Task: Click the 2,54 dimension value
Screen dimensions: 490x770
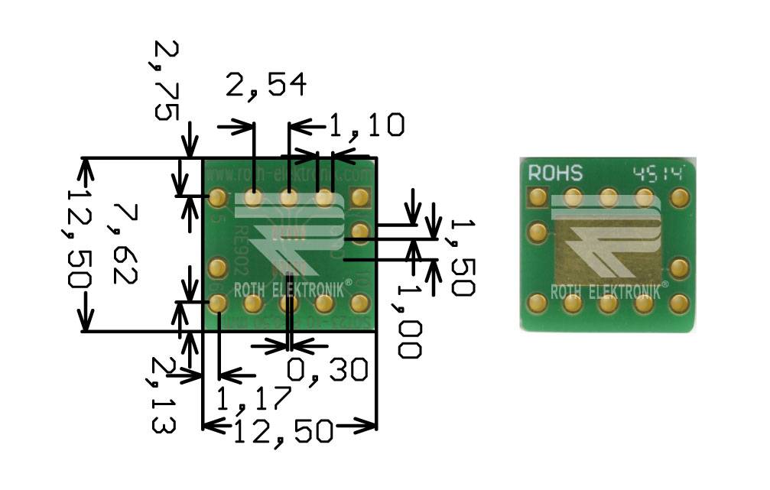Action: point(266,86)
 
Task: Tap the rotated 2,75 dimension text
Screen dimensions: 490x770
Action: point(166,81)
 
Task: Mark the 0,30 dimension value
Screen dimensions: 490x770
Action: point(328,370)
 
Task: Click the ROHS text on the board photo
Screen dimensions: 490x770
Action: point(555,173)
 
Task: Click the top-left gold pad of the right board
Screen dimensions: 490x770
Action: point(538,197)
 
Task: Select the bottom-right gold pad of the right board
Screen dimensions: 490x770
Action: point(678,303)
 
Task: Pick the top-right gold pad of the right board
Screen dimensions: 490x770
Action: point(678,197)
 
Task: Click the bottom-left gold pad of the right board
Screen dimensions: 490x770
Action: point(538,303)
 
